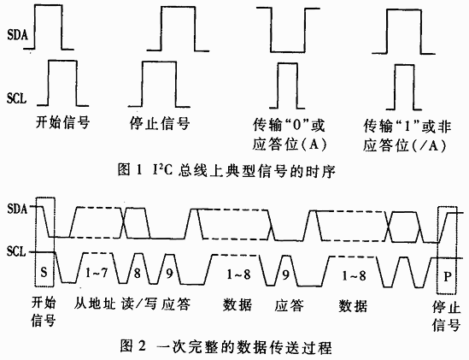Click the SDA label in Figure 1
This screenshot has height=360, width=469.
17,35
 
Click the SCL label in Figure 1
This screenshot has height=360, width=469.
17,98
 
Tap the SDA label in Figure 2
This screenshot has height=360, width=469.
17,209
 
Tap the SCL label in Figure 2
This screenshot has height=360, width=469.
16,251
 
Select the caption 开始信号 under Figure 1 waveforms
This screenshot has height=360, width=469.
63,122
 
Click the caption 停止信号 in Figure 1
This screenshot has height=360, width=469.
160,123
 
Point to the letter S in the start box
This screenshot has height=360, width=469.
44,272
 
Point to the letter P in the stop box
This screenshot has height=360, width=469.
447,276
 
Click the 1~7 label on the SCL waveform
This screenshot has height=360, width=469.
97,273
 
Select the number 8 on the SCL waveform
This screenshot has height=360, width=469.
137,273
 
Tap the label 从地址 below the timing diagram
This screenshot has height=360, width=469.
95,304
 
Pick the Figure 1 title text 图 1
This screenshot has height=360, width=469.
130,170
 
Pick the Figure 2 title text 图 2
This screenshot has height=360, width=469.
133,346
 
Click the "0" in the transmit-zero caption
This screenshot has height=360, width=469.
296,126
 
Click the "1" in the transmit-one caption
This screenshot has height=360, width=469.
407,127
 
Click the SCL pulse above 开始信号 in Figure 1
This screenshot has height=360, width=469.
62,61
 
